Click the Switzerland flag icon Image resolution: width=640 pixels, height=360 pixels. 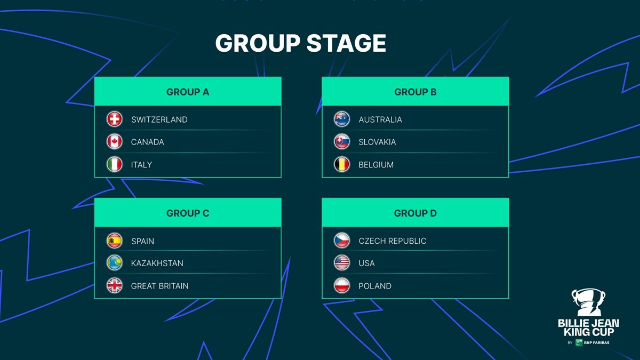115,119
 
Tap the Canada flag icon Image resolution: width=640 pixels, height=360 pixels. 115,141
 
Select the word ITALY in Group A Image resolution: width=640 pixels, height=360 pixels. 141,165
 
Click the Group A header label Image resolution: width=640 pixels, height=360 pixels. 188,92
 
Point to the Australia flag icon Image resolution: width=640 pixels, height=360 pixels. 342,119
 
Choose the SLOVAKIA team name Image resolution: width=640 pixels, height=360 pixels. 377,142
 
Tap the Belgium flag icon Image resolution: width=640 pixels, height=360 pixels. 342,164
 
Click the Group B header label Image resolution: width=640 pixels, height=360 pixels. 415,92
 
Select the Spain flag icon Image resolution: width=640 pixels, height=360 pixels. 115,241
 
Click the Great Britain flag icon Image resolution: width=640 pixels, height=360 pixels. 115,286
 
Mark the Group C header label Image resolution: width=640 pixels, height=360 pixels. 188,213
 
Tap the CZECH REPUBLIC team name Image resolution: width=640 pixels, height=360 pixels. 393,241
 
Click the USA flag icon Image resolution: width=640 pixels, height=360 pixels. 342,263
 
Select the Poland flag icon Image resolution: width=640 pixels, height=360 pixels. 342,286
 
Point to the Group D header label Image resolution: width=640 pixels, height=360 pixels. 415,213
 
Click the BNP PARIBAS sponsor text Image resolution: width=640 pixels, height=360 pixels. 597,342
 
